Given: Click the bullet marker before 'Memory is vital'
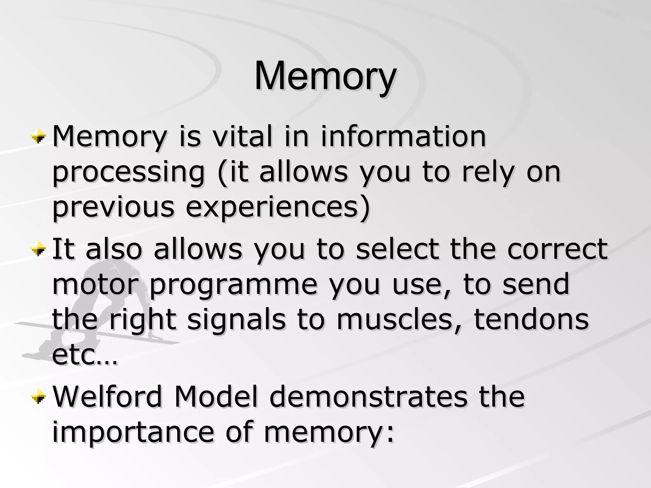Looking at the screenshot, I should pos(39,137).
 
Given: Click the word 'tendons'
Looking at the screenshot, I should pos(531,320).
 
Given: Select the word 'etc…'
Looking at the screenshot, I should pos(85,355).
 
